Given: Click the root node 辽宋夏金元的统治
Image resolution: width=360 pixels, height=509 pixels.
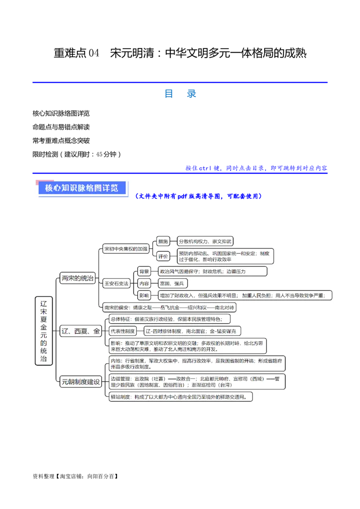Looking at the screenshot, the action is pos(44,330).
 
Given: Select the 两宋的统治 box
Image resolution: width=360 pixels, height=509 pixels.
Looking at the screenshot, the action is pos(78,278).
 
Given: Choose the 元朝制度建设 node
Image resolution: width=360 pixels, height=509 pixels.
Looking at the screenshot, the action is pos(81,382).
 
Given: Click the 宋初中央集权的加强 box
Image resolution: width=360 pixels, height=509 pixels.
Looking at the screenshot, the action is pos(126,248).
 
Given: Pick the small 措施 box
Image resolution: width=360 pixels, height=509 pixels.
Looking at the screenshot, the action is pos(163,241).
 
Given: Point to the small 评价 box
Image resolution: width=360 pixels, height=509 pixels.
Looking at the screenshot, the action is pos(163,256).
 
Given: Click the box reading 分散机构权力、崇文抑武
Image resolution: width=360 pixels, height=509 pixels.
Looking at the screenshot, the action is pos(205,241).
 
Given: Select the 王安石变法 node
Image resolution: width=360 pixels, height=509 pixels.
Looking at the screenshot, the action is pos(116,283).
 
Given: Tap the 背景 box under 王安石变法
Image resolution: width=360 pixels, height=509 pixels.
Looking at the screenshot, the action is pos(144,271).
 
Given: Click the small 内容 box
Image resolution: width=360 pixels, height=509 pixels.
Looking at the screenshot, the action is pos(144,283).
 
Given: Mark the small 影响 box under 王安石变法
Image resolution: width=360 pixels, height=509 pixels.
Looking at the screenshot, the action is pos(144,295).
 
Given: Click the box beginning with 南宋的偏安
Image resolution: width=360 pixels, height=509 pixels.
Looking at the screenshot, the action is pos(169,308).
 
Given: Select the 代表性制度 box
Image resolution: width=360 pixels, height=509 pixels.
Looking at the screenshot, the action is pos(123,331).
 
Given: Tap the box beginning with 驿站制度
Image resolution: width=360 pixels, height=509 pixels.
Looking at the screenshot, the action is pos(180,397).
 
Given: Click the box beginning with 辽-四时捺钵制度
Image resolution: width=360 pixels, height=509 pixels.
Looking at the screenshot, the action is pos(193,331).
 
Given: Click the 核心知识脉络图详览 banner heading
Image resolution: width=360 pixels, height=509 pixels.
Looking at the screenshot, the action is pos(81,188).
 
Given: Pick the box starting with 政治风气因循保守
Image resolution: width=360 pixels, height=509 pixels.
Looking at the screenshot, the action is pos(212,271).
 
